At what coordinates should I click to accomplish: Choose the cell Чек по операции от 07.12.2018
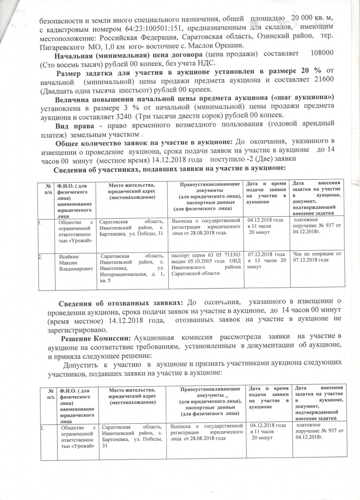click(317, 256)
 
